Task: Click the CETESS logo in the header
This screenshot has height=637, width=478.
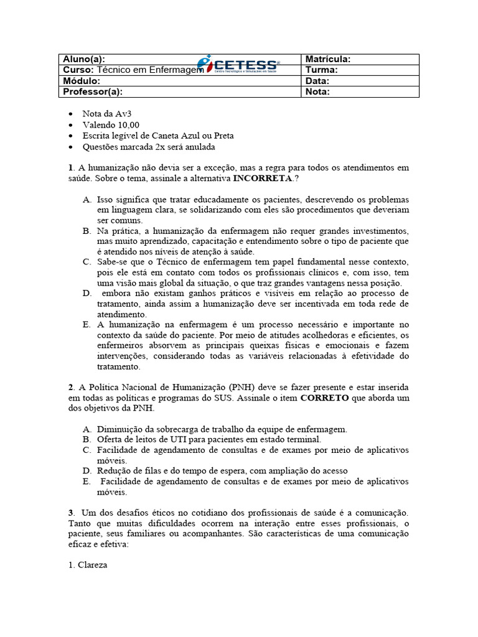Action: [238, 64]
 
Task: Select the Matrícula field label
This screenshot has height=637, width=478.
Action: [328, 59]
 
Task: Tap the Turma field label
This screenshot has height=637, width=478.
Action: [321, 70]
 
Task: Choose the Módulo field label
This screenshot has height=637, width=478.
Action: [82, 81]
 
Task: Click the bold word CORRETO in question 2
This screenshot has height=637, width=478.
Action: [324, 398]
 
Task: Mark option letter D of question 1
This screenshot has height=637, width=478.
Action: [87, 293]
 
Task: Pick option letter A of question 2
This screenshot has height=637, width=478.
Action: [87, 429]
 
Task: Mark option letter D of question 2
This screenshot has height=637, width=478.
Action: [87, 470]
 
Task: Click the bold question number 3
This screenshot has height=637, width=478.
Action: [71, 512]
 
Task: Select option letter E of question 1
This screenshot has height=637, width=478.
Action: [87, 325]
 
